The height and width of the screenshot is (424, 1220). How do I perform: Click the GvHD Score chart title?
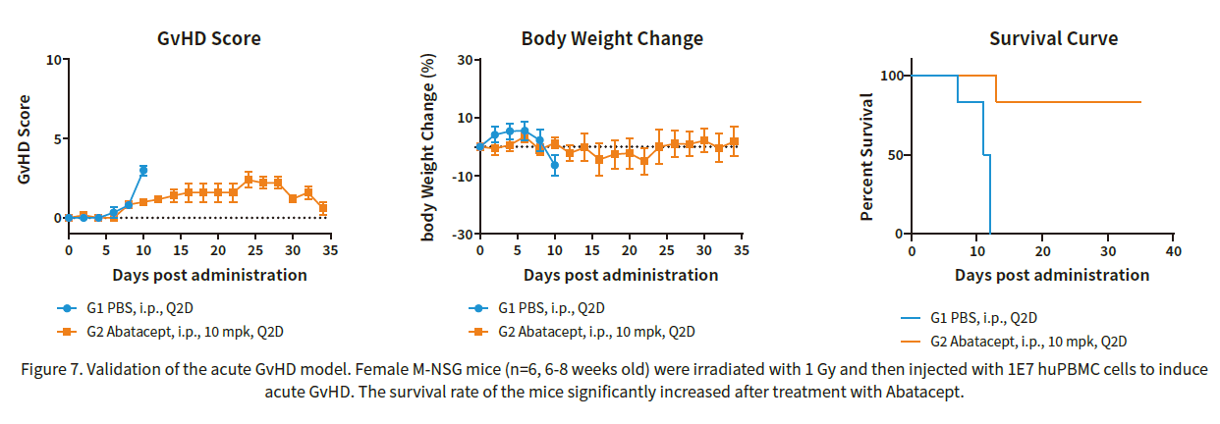click(209, 38)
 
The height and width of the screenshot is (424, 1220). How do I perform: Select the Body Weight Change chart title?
click(612, 38)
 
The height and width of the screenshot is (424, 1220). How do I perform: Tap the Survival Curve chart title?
click(1053, 38)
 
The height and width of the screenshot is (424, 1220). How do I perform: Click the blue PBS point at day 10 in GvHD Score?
click(143, 171)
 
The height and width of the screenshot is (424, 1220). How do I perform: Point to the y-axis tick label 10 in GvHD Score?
click(53, 60)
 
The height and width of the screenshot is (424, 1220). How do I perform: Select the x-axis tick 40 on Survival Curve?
click(1174, 251)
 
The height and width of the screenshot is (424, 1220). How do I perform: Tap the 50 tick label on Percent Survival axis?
click(896, 155)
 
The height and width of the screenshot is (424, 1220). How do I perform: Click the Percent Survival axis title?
click(866, 157)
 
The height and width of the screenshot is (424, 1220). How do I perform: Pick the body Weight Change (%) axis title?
click(428, 147)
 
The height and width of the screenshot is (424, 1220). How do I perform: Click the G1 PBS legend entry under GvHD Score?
click(126, 308)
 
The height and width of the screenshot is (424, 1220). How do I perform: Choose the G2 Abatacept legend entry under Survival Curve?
click(1014, 342)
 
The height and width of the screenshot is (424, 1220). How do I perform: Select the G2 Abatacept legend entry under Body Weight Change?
click(582, 332)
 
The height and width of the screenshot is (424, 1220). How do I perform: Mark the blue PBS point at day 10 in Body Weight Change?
click(554, 165)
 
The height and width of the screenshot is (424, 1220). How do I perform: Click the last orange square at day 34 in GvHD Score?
click(323, 208)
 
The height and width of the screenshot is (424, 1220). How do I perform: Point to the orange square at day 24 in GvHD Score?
click(249, 180)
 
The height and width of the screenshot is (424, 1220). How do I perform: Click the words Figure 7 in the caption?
click(52, 370)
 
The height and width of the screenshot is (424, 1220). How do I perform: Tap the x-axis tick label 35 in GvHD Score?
click(330, 250)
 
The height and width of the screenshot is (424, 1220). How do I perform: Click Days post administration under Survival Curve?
click(1052, 275)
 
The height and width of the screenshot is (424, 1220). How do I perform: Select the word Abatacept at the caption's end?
click(923, 392)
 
